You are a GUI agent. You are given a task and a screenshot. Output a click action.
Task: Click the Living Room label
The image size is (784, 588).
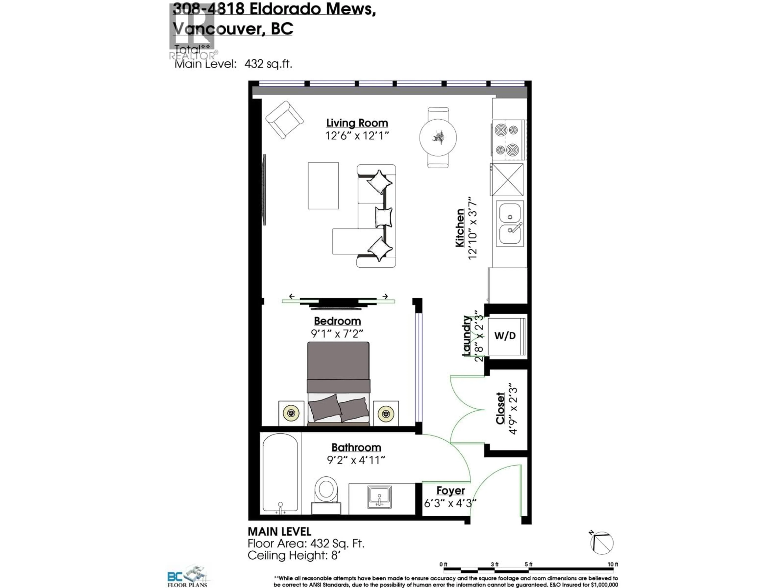pyautogui.click(x=357, y=123)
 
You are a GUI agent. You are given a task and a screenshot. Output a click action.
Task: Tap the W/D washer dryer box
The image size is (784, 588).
pyautogui.click(x=505, y=336)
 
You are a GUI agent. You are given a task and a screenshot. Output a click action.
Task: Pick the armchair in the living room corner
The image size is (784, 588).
pyautogui.click(x=284, y=120)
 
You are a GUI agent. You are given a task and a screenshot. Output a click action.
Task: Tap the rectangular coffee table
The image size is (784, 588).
pyautogui.click(x=323, y=186)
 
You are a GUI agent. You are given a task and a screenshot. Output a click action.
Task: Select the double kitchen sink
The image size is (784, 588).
pyautogui.click(x=510, y=223)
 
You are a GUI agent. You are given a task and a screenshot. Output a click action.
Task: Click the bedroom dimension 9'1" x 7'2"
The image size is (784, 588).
pyautogui.click(x=337, y=334)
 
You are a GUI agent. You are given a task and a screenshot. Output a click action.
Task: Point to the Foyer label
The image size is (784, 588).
pyautogui.click(x=450, y=491)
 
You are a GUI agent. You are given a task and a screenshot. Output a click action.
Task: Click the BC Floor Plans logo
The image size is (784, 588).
pyautogui.click(x=187, y=576)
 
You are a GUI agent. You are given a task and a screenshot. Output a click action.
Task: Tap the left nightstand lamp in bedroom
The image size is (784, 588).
pyautogui.click(x=291, y=413)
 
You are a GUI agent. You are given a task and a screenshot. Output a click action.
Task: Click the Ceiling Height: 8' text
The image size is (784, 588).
pyautogui.click(x=294, y=555)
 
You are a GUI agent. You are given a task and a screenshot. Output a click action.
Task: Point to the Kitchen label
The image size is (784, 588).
pyautogui.click(x=460, y=228)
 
